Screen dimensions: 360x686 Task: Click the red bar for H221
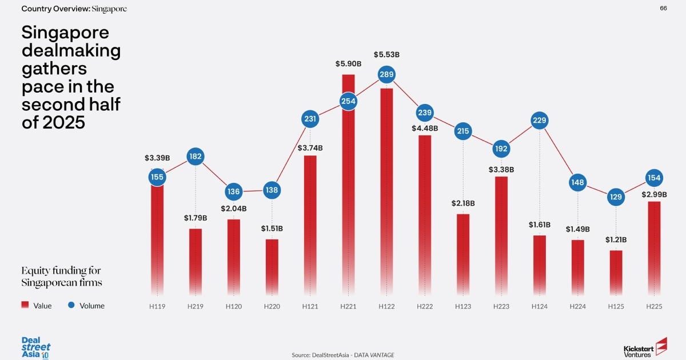tap(348, 189)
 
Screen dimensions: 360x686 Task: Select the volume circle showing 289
tap(386, 74)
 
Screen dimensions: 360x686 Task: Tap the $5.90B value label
tap(348, 63)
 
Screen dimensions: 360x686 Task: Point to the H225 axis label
tap(654, 306)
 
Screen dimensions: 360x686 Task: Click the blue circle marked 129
tap(616, 198)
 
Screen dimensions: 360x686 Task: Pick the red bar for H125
tap(616, 273)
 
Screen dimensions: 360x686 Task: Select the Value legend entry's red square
tap(25, 305)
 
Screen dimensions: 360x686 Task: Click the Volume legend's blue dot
tap(71, 305)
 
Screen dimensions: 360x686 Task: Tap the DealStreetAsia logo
tap(36, 346)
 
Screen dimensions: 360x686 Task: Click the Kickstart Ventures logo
tap(645, 347)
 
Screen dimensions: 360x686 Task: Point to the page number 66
tap(663, 8)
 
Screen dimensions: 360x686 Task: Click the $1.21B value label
tap(616, 239)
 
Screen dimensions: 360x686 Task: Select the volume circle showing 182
tap(196, 157)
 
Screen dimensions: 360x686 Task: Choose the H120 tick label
tap(233, 306)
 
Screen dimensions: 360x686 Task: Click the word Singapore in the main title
tap(65, 33)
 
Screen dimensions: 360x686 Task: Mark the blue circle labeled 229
tap(540, 120)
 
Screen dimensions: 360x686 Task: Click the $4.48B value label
tap(425, 128)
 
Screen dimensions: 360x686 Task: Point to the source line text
tap(342, 355)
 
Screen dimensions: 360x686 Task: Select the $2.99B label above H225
tap(654, 194)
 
